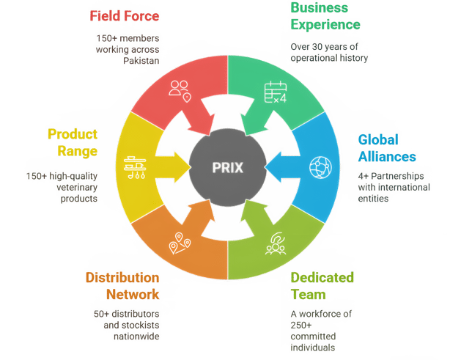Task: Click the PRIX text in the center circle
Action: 228,168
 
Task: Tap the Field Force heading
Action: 125,16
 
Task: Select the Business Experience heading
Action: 325,16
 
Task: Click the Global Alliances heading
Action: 387,148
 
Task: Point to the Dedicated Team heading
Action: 322,286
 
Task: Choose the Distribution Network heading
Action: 122,286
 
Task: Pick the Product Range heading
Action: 73,143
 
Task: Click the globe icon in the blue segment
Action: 320,167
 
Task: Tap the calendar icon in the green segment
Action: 276,92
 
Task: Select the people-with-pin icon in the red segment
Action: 180,92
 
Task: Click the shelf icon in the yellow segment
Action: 135,167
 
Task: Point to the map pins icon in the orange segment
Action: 180,243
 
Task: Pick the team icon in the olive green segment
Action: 276,243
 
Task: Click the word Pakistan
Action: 141,61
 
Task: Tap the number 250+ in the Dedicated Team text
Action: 301,326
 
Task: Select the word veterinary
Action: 77,188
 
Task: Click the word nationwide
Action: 136,337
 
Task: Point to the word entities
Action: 373,199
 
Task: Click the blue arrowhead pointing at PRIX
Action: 273,167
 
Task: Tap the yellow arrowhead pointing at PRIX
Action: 182,167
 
